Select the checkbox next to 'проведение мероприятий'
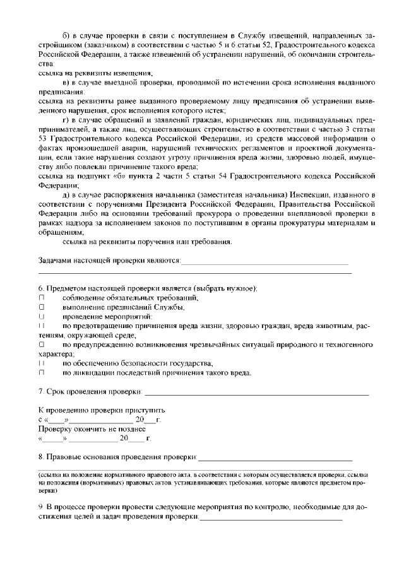42,317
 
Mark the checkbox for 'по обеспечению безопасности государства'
42,363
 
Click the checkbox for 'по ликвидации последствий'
42,373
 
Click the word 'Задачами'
57,261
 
